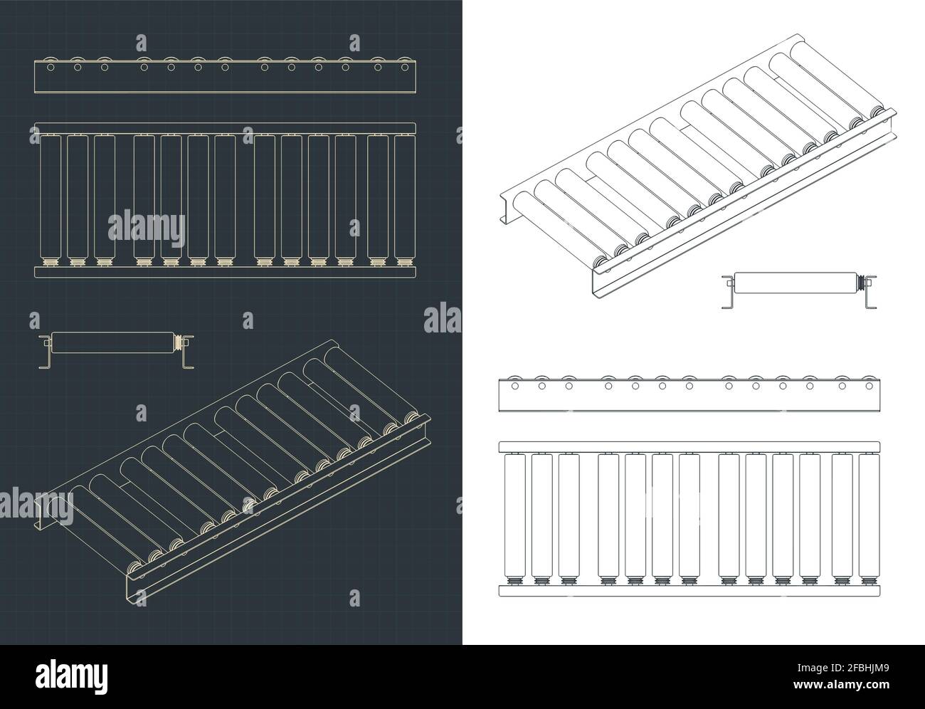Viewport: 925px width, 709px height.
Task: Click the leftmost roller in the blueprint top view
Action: [50, 196]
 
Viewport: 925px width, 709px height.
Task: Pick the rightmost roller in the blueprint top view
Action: [404, 196]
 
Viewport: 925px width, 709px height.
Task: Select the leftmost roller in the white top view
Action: [514, 516]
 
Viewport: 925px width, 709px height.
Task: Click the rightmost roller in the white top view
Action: [868, 516]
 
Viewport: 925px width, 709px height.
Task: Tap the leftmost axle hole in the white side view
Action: [514, 386]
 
